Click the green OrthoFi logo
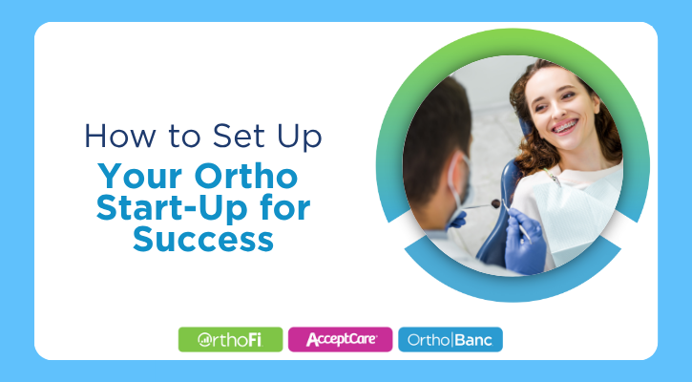pos(230,339)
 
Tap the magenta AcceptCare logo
pos(340,339)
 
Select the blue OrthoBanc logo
pos(450,339)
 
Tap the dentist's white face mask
pos(460,186)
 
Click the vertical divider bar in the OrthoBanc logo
pos(452,339)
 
